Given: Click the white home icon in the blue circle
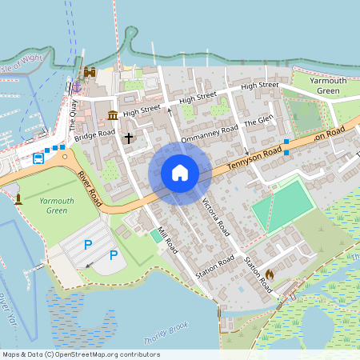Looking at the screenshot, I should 180,173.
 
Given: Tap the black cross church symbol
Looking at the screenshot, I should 128,138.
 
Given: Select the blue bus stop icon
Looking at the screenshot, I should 38,158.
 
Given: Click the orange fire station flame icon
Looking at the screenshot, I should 270,274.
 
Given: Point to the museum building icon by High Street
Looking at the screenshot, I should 112,116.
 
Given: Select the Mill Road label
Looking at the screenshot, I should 166,239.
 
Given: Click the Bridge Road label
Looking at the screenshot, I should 95,135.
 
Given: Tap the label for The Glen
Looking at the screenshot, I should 258,120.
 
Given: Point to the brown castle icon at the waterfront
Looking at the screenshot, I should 90,72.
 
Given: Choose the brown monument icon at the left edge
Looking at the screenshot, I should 18,197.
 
